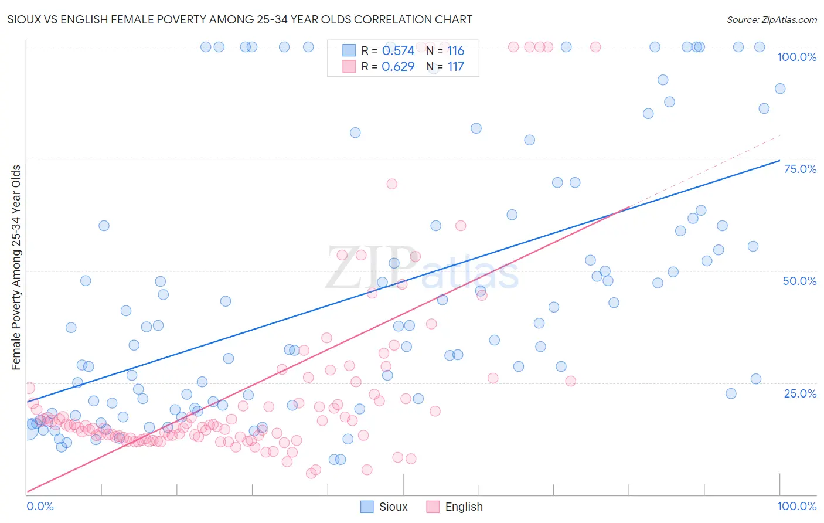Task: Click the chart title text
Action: (240, 20)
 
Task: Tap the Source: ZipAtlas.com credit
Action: (771, 20)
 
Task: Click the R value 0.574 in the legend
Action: (398, 51)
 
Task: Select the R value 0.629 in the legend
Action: (398, 67)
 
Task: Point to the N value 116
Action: (455, 51)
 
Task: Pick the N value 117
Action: (455, 67)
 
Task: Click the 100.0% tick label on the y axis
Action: (796, 57)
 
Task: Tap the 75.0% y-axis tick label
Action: (800, 169)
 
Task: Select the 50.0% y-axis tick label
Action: (799, 281)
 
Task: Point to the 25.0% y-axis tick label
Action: (800, 393)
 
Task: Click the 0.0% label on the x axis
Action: (40, 507)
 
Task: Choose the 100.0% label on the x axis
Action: (796, 507)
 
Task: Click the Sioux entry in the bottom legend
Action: (393, 507)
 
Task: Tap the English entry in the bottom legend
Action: (464, 507)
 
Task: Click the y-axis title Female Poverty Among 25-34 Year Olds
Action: (16, 267)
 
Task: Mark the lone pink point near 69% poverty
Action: (391, 184)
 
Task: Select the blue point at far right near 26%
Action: (755, 379)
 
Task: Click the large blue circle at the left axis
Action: (28, 429)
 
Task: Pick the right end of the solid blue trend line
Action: (779, 161)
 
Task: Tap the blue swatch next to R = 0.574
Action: (349, 51)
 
